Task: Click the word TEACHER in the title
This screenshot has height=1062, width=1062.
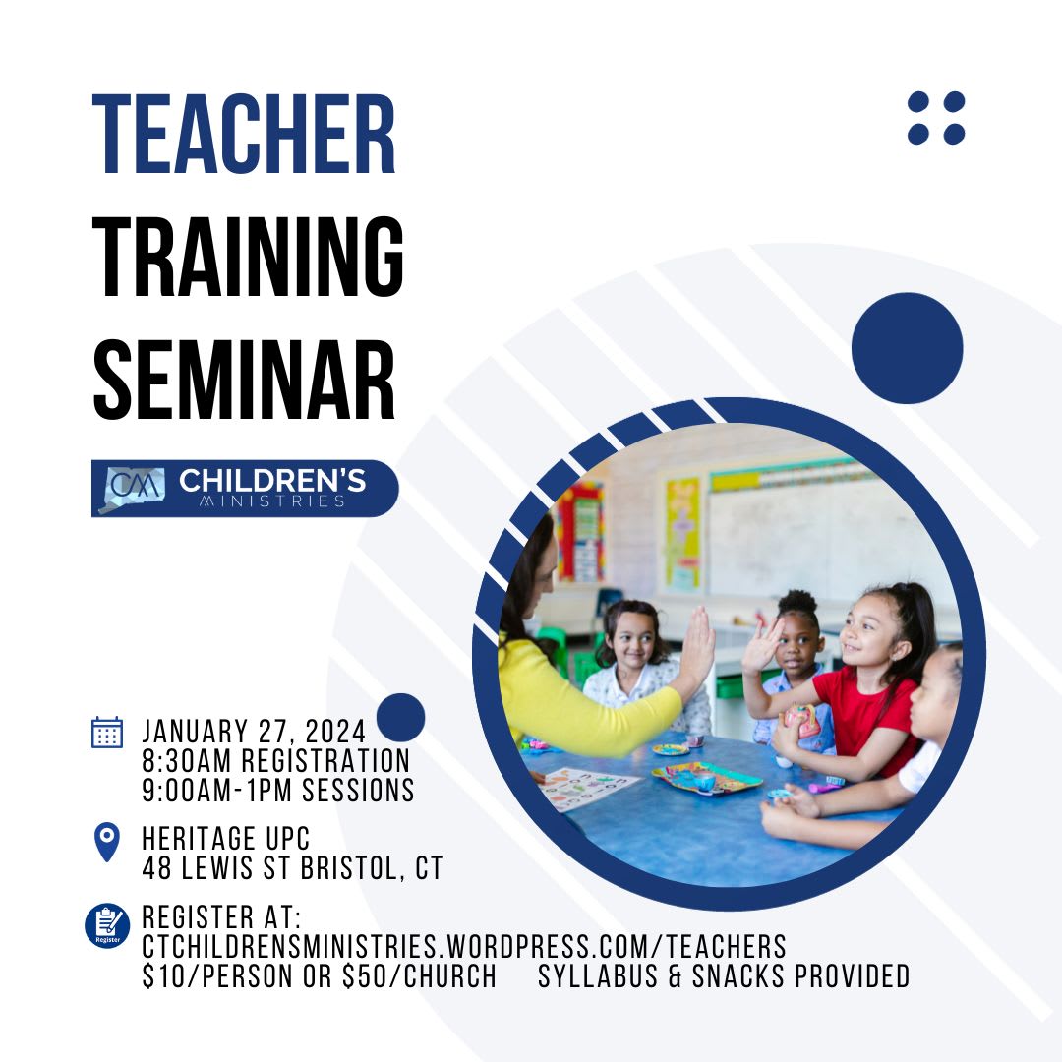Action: coord(244,134)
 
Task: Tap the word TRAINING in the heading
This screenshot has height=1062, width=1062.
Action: coord(248,257)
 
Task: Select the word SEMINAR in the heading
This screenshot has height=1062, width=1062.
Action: coord(244,380)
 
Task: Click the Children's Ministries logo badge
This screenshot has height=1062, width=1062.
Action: coord(245,489)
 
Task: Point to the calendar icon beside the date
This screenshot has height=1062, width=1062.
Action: coord(107,733)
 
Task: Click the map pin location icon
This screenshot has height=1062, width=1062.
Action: coord(107,842)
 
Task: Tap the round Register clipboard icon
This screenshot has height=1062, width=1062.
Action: coord(107,925)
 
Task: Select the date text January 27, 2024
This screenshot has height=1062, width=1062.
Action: coord(254,732)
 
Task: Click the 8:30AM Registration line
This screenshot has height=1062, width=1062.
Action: coord(275,760)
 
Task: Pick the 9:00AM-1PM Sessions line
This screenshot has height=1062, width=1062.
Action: coord(277,791)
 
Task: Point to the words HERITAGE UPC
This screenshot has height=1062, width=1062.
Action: coord(225,839)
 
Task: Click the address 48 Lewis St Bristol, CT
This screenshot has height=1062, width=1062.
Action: coord(292,868)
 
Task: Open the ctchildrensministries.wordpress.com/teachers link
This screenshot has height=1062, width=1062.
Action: coord(464,947)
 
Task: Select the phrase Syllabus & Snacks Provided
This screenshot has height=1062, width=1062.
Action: coord(724,976)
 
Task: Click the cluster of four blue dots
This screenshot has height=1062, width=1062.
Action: coord(936,118)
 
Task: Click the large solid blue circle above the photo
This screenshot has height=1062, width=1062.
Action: coord(907,348)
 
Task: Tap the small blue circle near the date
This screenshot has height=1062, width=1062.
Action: coord(400,717)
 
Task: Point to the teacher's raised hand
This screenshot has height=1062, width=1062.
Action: coord(695,649)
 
